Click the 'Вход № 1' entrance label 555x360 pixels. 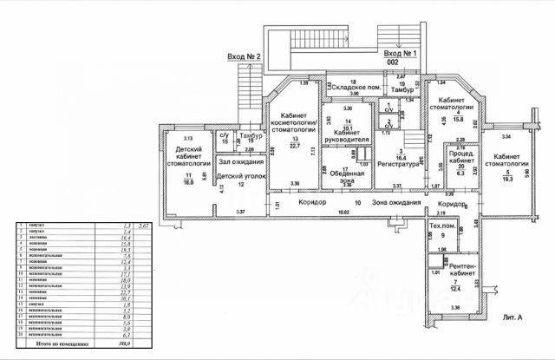pos(402,54)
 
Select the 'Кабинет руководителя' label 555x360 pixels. pos(347,134)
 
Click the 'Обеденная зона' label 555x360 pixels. pos(345,176)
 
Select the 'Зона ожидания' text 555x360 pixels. pos(395,202)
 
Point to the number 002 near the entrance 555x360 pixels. pos(392,63)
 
